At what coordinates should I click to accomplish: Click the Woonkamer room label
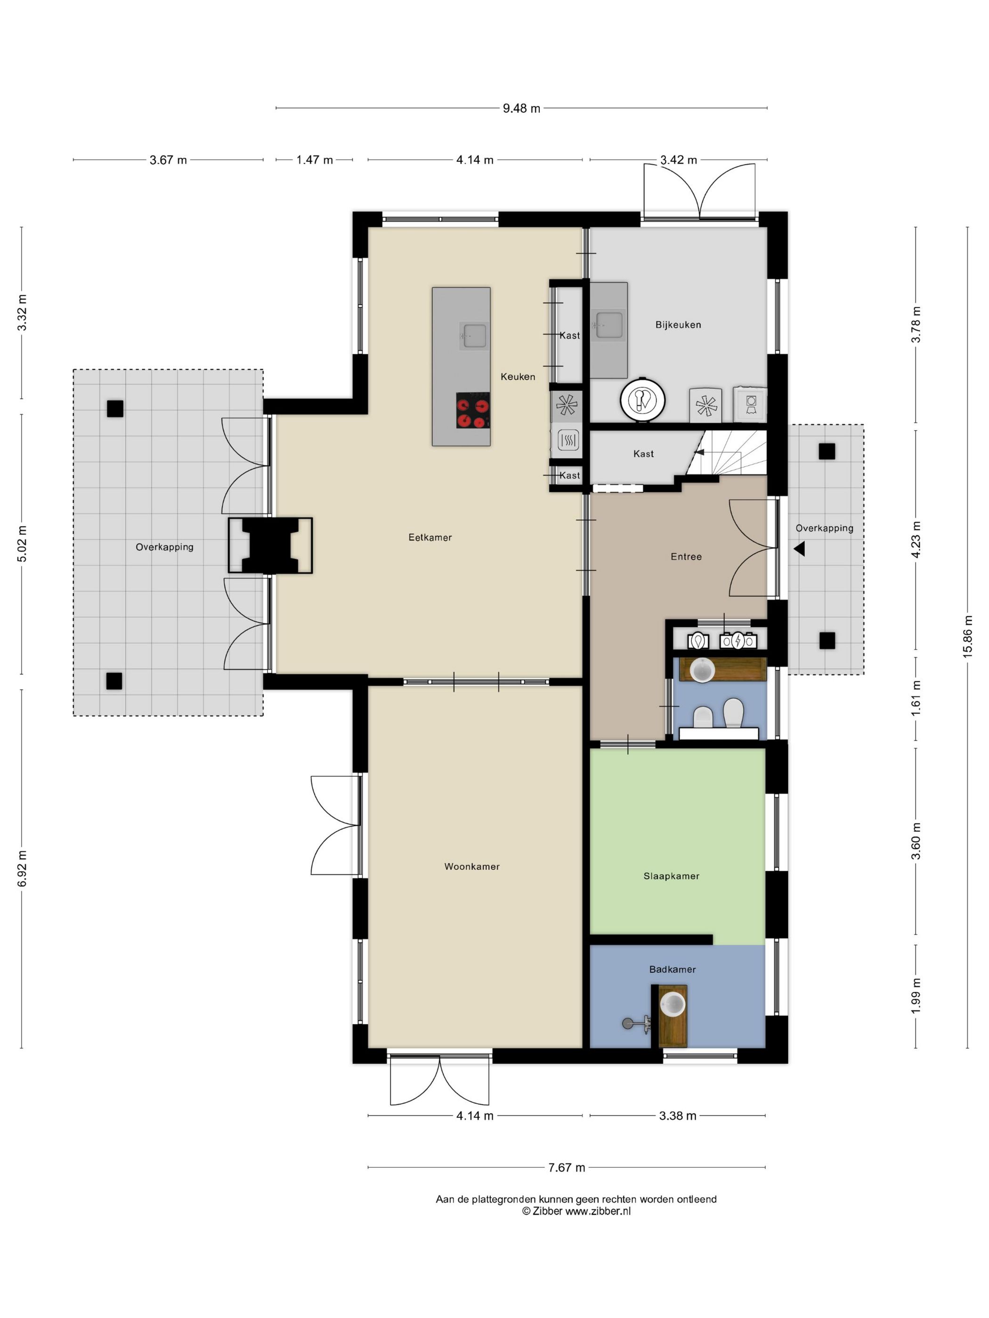(471, 867)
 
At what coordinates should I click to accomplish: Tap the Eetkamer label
(430, 538)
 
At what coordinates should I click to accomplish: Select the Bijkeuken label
(678, 325)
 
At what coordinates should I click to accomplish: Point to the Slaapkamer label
(671, 876)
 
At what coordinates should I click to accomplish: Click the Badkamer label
(673, 969)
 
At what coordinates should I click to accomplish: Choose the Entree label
(686, 556)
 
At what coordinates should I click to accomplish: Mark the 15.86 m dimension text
(967, 637)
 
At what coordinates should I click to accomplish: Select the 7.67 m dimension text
(567, 1167)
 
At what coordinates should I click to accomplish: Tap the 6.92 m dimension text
(22, 868)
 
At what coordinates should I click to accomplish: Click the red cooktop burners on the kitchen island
(473, 410)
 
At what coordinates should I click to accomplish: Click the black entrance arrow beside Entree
(799, 549)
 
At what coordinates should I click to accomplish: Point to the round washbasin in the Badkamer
(673, 1004)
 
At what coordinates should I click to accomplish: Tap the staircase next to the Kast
(726, 452)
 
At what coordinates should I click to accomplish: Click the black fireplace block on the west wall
(270, 546)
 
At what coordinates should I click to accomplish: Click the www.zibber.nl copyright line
(576, 1211)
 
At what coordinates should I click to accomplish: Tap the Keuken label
(518, 377)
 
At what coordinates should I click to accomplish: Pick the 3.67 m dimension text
(168, 160)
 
